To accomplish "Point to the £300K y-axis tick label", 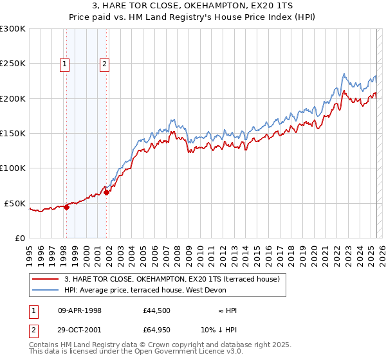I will pos(13,29).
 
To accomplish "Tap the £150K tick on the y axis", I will pos(13,134).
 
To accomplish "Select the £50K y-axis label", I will pos(15,203).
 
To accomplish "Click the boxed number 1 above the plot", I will pos(66,63).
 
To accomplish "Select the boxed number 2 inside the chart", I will pos(104,63).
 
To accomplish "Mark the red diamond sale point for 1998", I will pos(66,207).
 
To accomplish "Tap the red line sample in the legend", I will pos(46,280).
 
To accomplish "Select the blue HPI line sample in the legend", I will pos(46,289).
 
